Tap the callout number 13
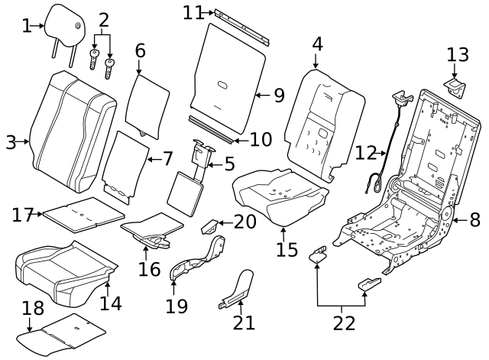coord(458,54)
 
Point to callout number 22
coord(344,323)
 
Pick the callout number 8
coord(474,221)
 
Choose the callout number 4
coord(316,45)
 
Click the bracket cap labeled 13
coord(456,86)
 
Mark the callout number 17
coord(24,215)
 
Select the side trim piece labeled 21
coord(239,288)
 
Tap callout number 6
coord(140,51)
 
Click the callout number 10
coord(261,139)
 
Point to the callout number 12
coord(366,151)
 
